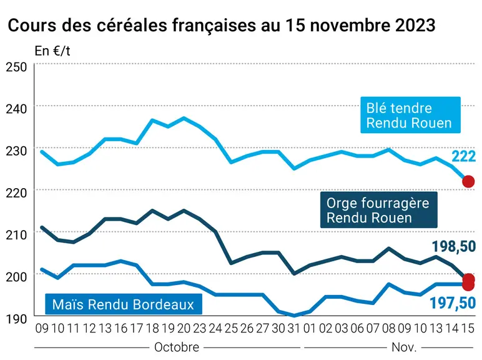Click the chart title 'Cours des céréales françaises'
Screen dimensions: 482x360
coord(132,25)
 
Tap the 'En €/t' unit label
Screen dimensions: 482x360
coord(52,51)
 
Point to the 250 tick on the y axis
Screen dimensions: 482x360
coord(16,67)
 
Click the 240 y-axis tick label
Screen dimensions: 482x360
coord(16,109)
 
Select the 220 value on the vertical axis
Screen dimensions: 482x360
coord(16,192)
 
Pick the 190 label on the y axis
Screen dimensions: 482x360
coord(16,319)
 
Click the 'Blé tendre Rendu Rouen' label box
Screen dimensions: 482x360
coord(410,115)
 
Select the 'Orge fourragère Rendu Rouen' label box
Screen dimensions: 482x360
coord(379,210)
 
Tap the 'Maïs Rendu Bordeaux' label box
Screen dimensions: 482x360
coord(124,304)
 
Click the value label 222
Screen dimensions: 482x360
coord(463,157)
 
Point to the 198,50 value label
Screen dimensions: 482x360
coord(454,246)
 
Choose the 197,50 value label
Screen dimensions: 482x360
coord(453,303)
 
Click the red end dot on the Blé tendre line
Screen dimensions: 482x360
coord(468,181)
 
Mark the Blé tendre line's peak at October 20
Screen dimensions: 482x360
coord(184,117)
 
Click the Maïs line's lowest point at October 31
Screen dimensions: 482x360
coord(294,316)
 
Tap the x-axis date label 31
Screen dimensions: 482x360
coord(294,329)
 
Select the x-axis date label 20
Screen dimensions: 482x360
coord(184,329)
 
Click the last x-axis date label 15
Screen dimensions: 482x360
coord(468,329)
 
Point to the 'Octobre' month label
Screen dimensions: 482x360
coord(177,347)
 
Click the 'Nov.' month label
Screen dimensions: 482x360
coord(404,347)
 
